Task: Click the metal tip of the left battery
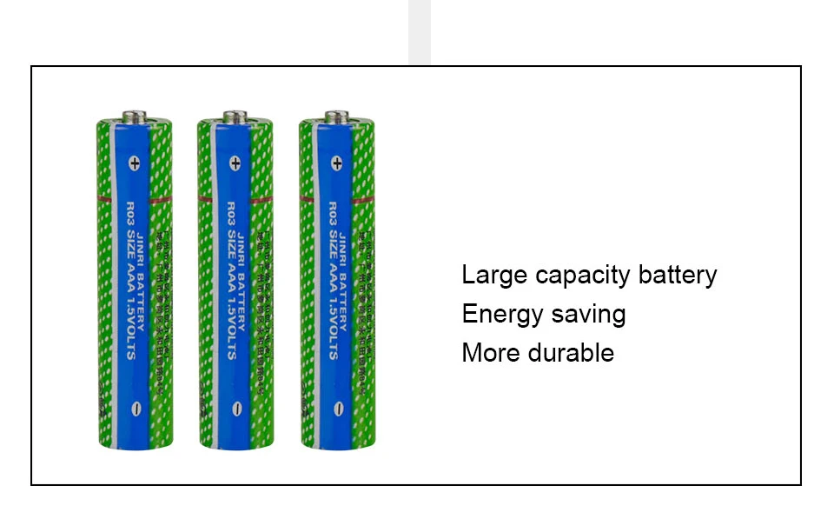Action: [x=134, y=116]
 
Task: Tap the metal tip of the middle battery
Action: [x=235, y=116]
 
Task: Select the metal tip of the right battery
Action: [x=337, y=116]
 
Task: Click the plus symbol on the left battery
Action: [x=134, y=162]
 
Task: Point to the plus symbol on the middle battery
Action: [x=235, y=162]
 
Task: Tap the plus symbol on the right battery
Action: [x=336, y=162]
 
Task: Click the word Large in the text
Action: [x=494, y=276]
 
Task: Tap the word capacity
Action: [x=583, y=276]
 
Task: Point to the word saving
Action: [x=587, y=315]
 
